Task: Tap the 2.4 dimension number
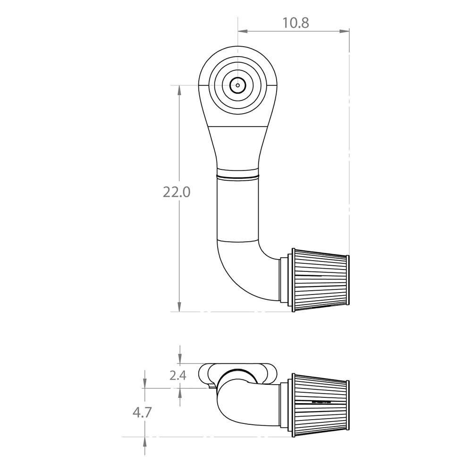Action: click(x=177, y=376)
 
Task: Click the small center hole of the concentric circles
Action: click(x=238, y=86)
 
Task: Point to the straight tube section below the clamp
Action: click(x=238, y=208)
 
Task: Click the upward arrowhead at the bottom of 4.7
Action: click(x=144, y=440)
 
